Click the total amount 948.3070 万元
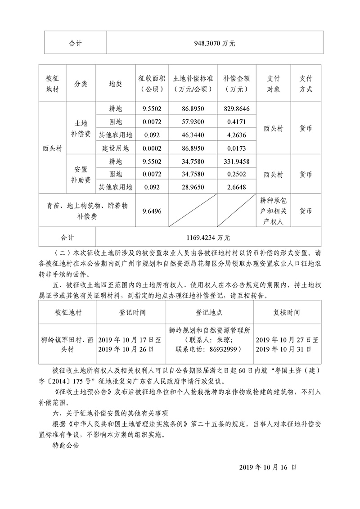[x=215, y=44]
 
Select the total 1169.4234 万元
[x=209, y=236]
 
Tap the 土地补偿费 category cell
[x=81, y=128]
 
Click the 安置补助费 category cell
[x=81, y=174]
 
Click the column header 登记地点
[x=209, y=312]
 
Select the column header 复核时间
[x=287, y=312]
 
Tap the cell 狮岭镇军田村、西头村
[x=67, y=344]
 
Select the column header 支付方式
[x=306, y=83]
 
